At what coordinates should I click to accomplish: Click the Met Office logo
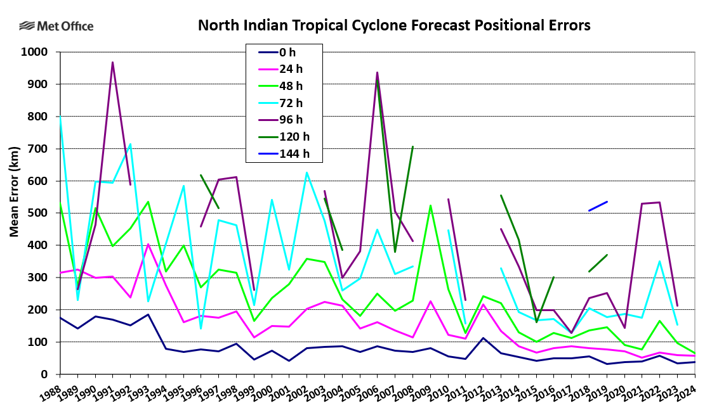tap(56, 26)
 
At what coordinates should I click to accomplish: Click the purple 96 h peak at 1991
tap(112, 62)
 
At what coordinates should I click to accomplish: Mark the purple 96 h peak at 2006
tap(377, 72)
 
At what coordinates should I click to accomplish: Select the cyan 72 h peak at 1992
tap(130, 144)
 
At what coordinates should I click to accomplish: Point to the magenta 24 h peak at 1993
tap(148, 245)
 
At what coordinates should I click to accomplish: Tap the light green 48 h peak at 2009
tap(430, 205)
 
